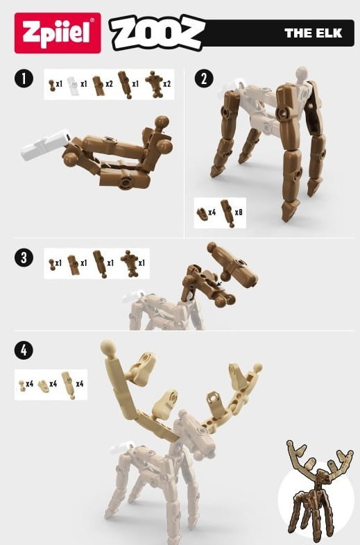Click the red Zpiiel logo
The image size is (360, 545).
(58, 33)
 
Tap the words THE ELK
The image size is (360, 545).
(313, 33)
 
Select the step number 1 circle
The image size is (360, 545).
(24, 78)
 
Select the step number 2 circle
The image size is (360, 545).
(204, 78)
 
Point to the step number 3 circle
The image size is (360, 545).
(24, 258)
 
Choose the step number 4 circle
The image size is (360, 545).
(24, 350)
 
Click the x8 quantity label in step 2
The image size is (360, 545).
(239, 212)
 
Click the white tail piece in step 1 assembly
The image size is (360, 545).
(46, 144)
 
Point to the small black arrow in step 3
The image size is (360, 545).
(218, 285)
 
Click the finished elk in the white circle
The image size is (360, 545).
(318, 492)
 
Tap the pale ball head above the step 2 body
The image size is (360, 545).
(301, 74)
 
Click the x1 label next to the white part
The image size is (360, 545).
(84, 84)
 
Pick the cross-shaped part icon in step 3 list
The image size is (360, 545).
(129, 263)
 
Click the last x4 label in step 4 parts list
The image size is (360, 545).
(80, 384)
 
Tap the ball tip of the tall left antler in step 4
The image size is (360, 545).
(108, 347)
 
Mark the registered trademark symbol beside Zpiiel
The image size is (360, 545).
(92, 20)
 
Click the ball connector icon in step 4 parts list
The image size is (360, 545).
(22, 385)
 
